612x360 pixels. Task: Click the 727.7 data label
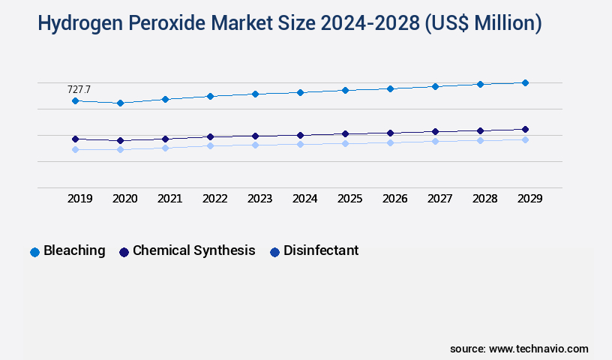tap(79, 89)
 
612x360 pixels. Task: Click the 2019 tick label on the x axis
tap(79, 199)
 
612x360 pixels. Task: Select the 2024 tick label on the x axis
tap(304, 199)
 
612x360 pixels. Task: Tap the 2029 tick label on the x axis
tap(529, 199)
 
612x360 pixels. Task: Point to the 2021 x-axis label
tap(169, 199)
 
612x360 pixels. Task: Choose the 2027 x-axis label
tap(439, 199)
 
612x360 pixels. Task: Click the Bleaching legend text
tap(74, 250)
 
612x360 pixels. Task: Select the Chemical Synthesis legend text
tap(193, 250)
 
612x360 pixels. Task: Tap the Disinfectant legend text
tap(320, 250)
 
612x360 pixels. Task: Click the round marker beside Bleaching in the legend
tap(34, 252)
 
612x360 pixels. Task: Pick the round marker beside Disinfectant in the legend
tap(274, 252)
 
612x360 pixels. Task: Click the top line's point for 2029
tap(525, 82)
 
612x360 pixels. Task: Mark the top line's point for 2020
tap(120, 103)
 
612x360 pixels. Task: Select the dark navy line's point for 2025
tap(345, 133)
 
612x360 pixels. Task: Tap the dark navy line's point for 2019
tap(75, 139)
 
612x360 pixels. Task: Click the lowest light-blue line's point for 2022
tap(210, 145)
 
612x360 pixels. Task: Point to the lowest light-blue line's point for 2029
tap(525, 139)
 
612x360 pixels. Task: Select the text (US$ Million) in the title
tap(483, 24)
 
